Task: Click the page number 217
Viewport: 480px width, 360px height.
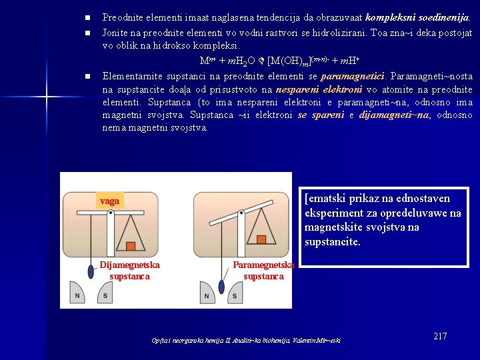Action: click(440, 336)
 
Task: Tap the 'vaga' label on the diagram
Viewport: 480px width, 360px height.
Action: click(109, 201)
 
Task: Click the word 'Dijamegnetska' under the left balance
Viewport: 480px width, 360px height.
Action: click(130, 265)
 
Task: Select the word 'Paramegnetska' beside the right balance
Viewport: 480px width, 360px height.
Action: click(263, 265)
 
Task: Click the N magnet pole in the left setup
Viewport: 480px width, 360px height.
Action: click(77, 295)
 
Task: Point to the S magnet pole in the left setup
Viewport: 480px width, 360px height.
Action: click(105, 295)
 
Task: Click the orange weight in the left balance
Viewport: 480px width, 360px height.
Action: click(131, 246)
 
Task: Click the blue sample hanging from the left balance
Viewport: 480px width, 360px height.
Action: click(90, 271)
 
